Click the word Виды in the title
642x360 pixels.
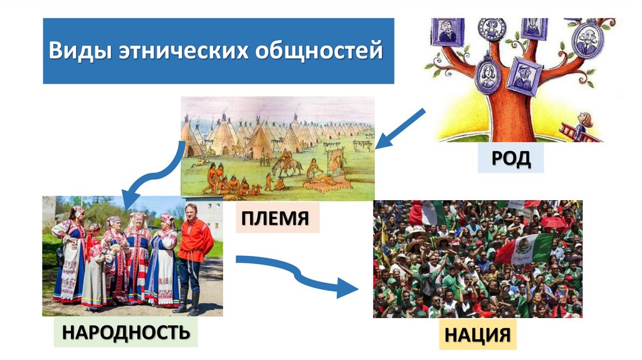tap(80, 50)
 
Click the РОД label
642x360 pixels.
tap(510, 158)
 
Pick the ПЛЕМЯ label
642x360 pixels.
tap(277, 218)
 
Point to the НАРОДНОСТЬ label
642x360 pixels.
tap(125, 331)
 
